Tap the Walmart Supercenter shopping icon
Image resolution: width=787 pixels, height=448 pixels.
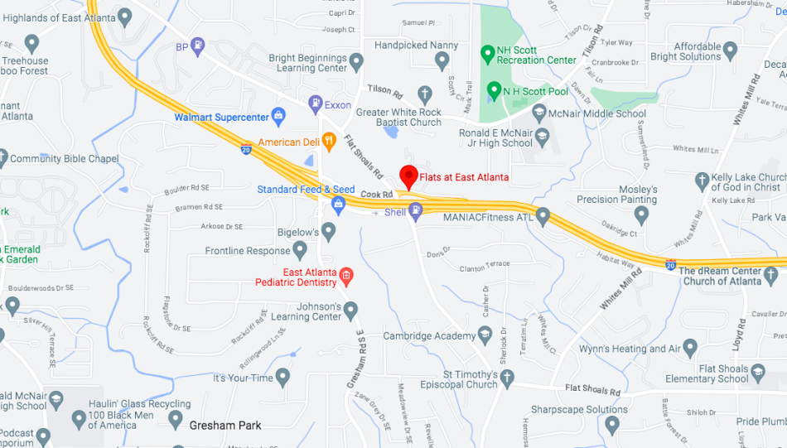coord(278,117)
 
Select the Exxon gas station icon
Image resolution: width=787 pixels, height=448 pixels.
coord(316,105)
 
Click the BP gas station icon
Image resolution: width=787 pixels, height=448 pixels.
coord(198,46)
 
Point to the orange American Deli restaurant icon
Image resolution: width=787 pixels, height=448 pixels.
coord(329,142)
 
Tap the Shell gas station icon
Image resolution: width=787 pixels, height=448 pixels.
coord(416,212)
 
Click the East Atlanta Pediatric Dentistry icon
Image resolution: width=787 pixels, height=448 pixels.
coord(346,277)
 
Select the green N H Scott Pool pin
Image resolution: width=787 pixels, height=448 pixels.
coord(494,89)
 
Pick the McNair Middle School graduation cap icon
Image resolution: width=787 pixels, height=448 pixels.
coord(539,113)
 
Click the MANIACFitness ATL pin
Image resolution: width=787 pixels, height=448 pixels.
coord(543,217)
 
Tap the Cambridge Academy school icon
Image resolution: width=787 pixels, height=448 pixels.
coord(485,335)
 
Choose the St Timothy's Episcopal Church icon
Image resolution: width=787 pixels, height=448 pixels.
coord(507,378)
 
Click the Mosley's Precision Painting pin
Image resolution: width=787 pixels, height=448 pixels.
coord(641,215)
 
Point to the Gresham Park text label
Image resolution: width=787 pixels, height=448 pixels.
coord(225,426)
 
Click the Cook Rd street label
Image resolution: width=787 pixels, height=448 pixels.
coord(376,194)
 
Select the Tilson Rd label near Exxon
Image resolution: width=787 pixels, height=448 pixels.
coord(384,89)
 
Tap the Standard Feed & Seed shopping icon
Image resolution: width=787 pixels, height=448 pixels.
coord(338,204)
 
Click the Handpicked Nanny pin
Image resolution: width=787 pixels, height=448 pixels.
coord(442,60)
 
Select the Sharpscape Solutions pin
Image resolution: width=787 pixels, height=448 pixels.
coord(612,425)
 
